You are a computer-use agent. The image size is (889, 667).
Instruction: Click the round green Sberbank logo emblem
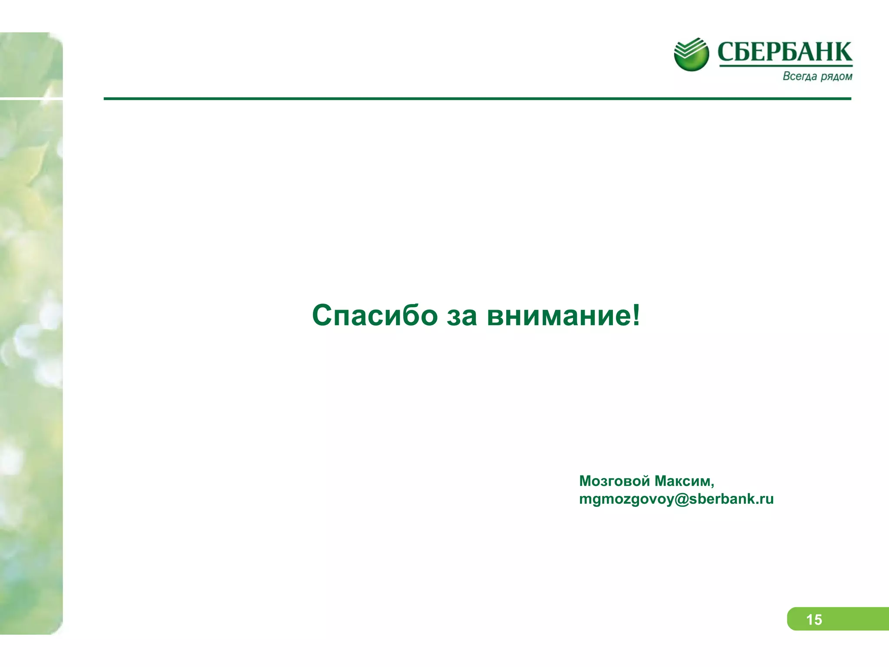691,54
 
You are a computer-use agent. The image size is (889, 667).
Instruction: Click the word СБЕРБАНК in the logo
785,52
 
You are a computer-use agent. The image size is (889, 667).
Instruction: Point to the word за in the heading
462,316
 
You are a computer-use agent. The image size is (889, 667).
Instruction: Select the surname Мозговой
614,481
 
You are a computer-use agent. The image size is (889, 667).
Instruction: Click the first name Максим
682,481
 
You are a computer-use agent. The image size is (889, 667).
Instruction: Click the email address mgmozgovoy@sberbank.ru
676,499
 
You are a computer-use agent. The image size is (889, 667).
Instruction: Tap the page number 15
814,620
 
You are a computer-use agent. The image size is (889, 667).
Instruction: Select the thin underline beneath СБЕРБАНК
786,66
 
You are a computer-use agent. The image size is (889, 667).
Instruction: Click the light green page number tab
851,619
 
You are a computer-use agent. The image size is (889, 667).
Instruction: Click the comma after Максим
712,485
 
